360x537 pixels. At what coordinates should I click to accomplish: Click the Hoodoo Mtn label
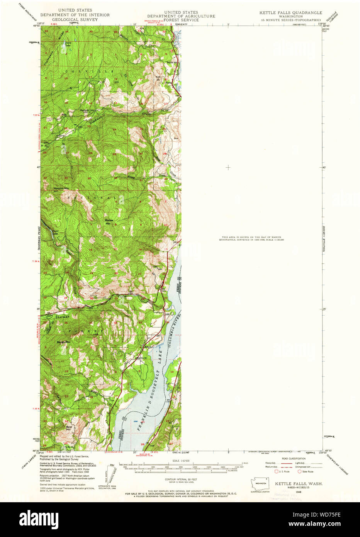point(61,189)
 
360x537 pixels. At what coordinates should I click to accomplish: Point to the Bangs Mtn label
point(63,342)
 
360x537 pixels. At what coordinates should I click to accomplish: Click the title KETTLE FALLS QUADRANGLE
point(290,13)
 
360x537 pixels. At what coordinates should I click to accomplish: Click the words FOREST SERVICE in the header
point(181,20)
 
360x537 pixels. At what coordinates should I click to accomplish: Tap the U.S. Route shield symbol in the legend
point(276,471)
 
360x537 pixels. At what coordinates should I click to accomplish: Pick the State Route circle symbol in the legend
point(299,471)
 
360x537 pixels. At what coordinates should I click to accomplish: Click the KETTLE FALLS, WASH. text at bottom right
point(299,484)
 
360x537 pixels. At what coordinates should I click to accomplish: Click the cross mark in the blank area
point(228,167)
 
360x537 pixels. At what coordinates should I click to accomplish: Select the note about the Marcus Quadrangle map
point(251,238)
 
